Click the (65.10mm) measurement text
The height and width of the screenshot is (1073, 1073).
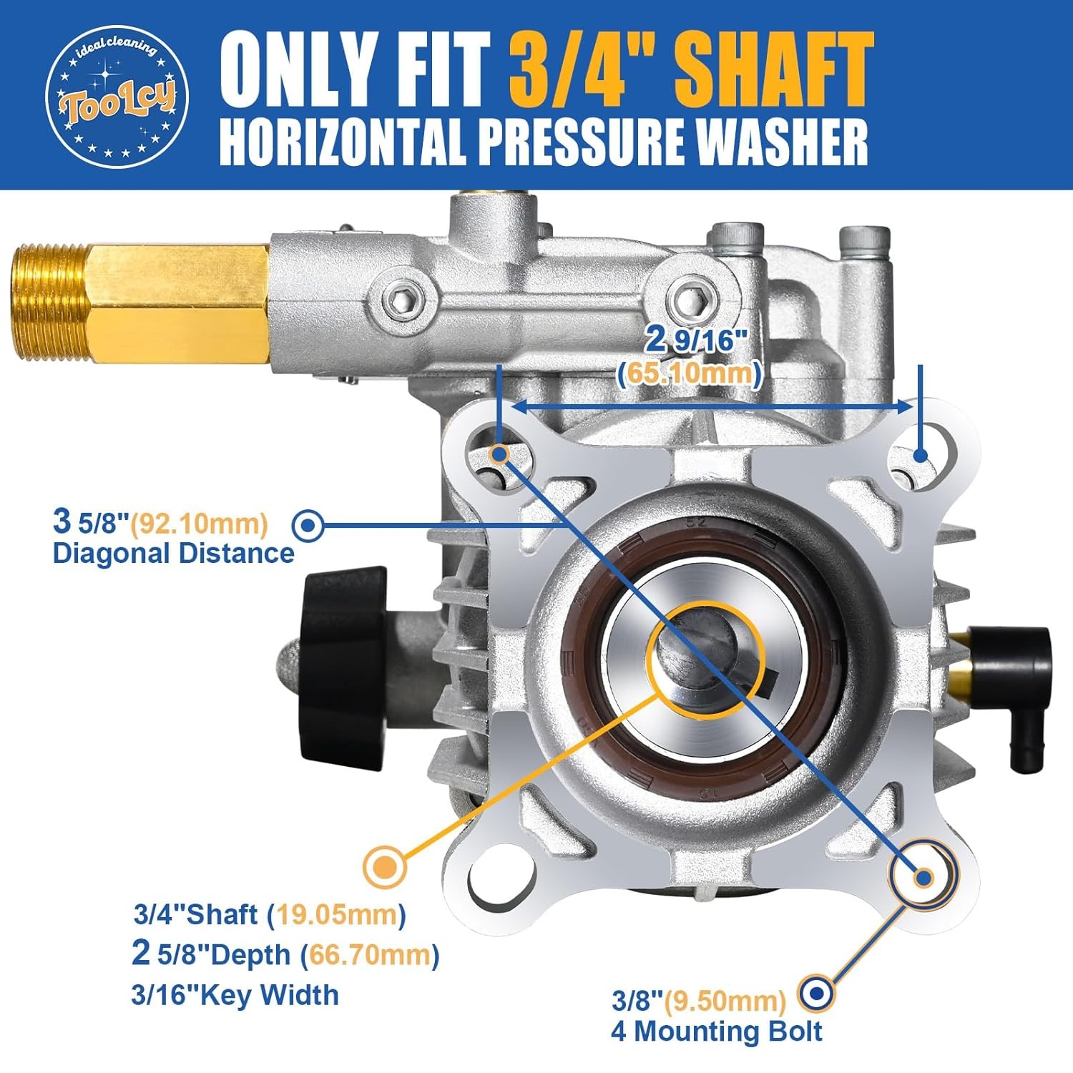[x=690, y=373]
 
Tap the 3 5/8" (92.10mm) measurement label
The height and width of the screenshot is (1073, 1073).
[x=160, y=522]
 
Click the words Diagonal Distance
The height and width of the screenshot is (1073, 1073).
[x=174, y=554]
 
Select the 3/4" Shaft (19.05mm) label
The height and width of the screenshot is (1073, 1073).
[x=270, y=914]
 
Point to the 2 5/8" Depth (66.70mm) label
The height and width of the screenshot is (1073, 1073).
[x=285, y=954]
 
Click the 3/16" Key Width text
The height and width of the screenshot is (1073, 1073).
[x=235, y=995]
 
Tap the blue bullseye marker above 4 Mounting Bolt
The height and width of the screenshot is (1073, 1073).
[x=815, y=993]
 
